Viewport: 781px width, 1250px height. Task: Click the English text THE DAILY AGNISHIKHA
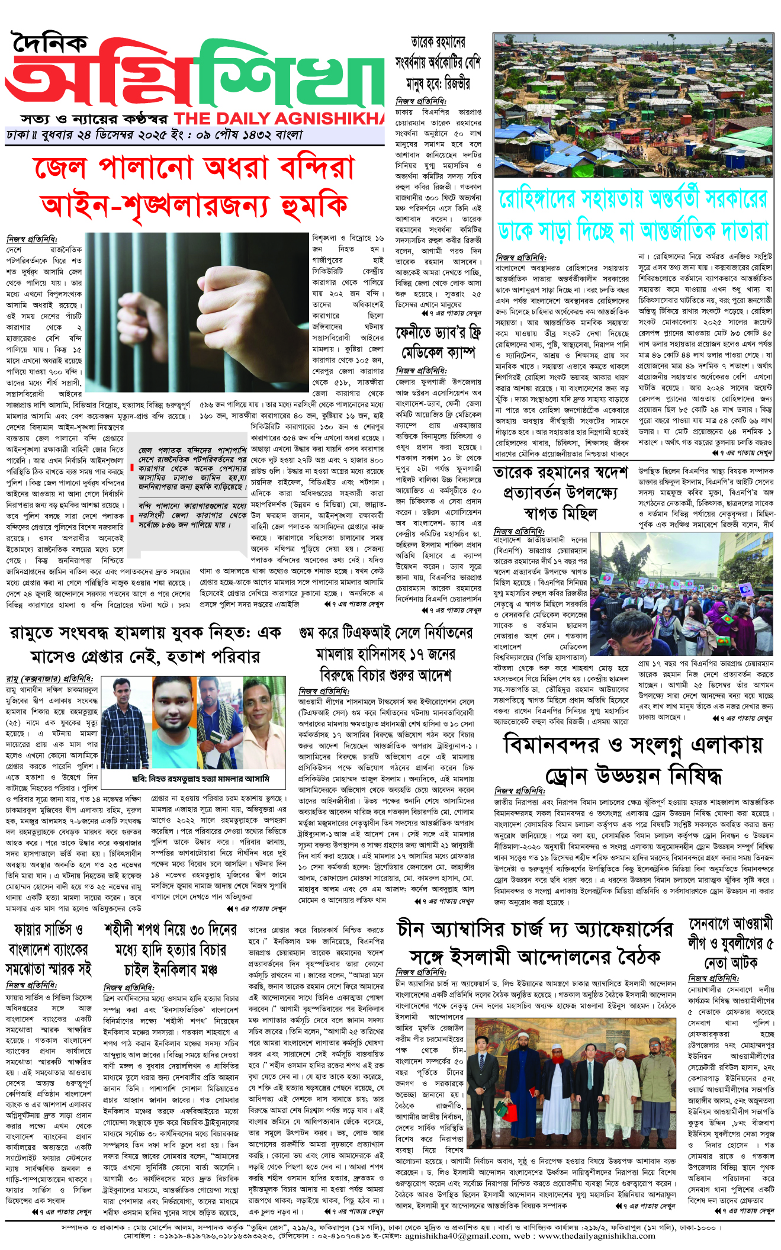[279, 118]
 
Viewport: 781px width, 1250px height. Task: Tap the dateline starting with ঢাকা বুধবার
[154, 135]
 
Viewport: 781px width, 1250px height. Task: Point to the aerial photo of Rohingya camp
[633, 105]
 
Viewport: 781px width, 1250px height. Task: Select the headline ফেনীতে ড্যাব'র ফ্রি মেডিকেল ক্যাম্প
[438, 341]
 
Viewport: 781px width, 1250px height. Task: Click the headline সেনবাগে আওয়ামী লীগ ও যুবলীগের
[731, 943]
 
